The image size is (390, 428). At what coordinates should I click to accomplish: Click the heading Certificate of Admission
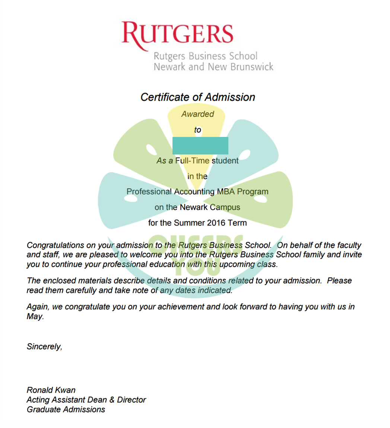point(198,97)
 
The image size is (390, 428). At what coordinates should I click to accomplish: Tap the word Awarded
point(198,114)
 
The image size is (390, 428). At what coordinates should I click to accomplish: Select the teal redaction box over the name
point(200,146)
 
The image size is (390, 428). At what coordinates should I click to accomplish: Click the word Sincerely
point(44,347)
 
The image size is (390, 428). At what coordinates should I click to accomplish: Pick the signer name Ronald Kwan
point(51,390)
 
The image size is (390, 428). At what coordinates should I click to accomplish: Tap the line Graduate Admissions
point(66,410)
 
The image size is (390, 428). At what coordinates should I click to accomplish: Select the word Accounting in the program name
point(194,192)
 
